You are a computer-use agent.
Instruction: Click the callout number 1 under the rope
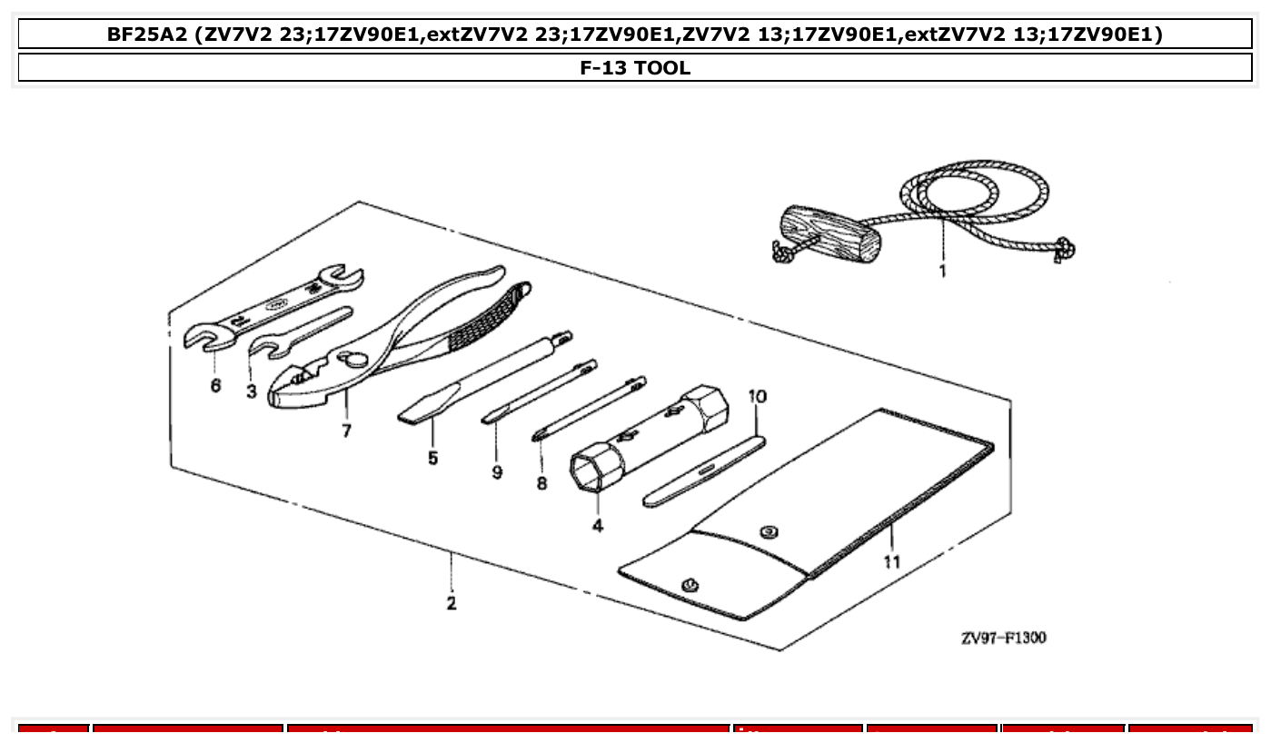click(x=942, y=271)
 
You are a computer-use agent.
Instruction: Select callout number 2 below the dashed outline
click(x=452, y=602)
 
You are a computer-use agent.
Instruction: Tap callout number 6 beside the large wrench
click(x=215, y=385)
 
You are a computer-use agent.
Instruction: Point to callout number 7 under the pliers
click(x=346, y=430)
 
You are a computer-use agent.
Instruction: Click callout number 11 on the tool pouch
click(x=891, y=561)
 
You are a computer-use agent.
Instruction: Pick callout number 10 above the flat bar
click(x=757, y=397)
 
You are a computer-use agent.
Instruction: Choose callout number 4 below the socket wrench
click(x=597, y=525)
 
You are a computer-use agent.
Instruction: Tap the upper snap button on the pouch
click(x=769, y=531)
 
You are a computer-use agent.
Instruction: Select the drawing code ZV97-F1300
click(x=1003, y=638)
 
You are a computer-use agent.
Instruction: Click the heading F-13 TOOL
click(x=635, y=67)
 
